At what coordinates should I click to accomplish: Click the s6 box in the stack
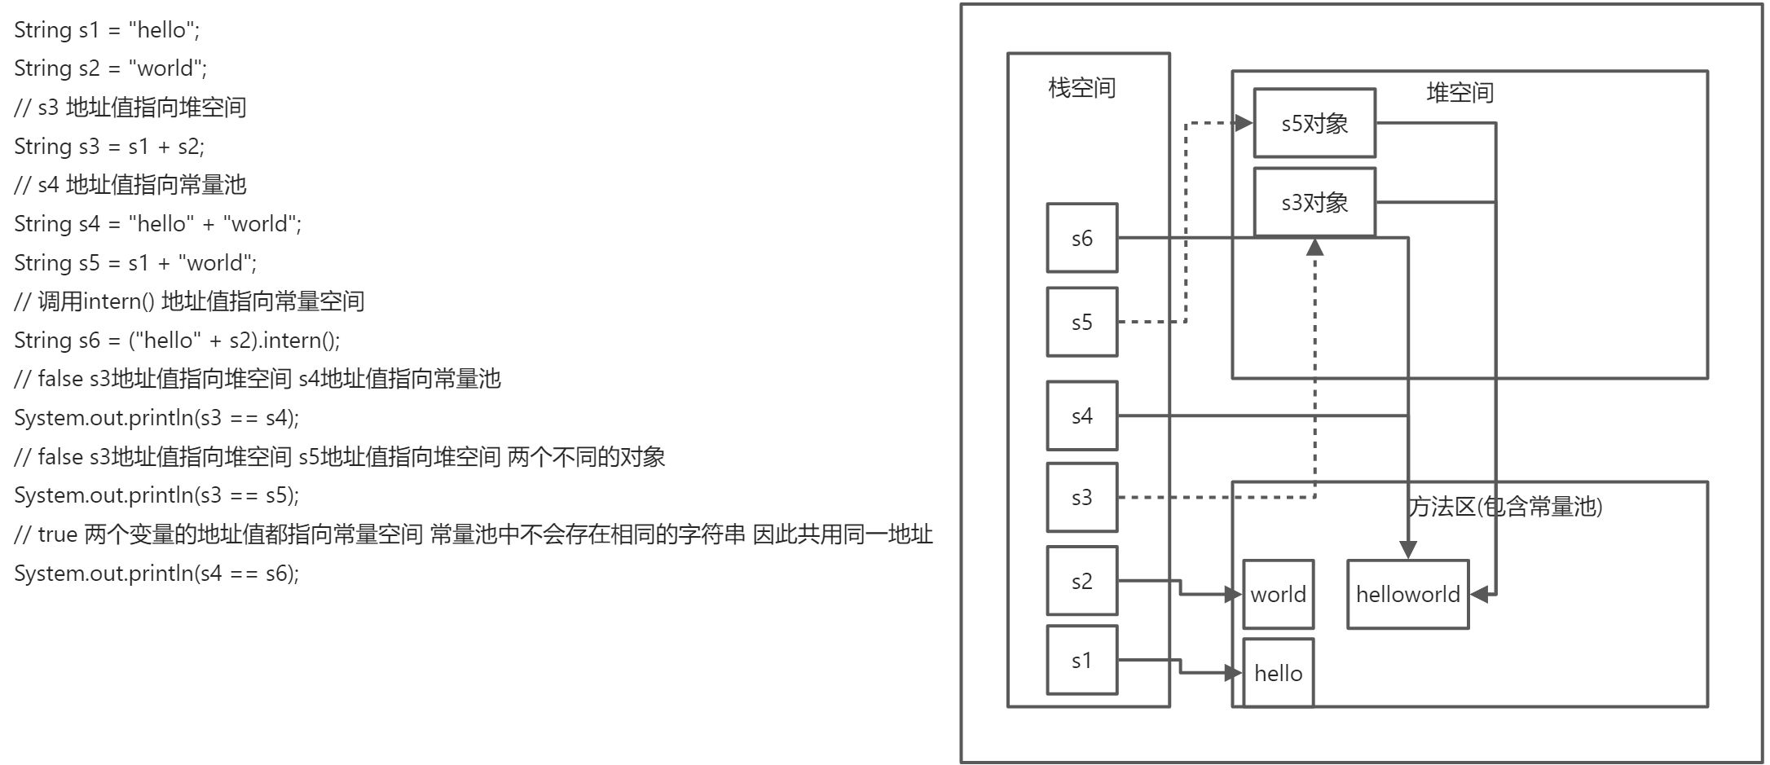tap(1081, 238)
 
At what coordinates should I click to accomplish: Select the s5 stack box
tap(1081, 322)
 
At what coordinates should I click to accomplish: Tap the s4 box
tap(1081, 415)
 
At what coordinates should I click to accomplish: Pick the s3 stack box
tap(1081, 497)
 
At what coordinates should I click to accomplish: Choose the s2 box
tap(1081, 581)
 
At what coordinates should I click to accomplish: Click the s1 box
tap(1081, 660)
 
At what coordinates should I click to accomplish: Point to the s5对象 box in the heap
tap(1314, 123)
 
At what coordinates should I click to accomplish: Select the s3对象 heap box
tap(1314, 202)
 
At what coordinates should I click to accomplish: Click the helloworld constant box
tap(1407, 594)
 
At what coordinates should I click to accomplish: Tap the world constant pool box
tap(1278, 594)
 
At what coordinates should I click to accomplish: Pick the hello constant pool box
tap(1278, 673)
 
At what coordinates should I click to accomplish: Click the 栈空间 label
tap(1081, 87)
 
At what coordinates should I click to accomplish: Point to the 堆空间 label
tap(1460, 92)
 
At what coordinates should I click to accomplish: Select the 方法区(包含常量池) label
tap(1505, 507)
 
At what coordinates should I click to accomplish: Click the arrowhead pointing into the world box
tap(1235, 595)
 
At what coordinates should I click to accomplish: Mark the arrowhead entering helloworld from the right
tap(1479, 594)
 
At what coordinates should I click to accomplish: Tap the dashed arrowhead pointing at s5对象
tap(1244, 123)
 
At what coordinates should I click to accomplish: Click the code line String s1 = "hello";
tap(107, 30)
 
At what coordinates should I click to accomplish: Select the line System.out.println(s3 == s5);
tap(156, 495)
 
